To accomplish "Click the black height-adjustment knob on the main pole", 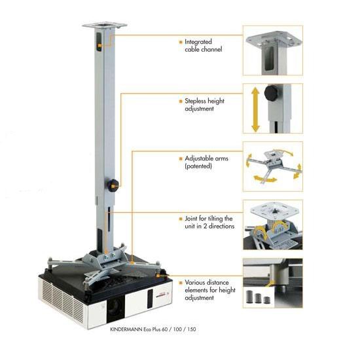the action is point(113,185).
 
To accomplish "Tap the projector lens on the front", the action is point(115,307).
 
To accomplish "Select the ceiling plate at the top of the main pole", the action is point(105,25).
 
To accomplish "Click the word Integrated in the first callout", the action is point(198,42).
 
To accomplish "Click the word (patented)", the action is point(198,166).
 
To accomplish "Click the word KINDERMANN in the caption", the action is point(126,329).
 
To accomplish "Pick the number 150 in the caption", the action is point(192,329).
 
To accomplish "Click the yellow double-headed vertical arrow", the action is point(255,110).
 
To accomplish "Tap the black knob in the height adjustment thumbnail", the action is point(272,93).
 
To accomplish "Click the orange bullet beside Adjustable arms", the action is point(181,158).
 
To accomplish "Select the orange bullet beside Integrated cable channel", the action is point(181,42).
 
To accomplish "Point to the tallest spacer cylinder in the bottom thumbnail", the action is point(250,297).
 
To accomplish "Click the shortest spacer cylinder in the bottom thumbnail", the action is point(266,300).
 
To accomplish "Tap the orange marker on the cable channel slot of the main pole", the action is point(99,46).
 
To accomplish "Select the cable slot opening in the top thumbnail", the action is point(269,58).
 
